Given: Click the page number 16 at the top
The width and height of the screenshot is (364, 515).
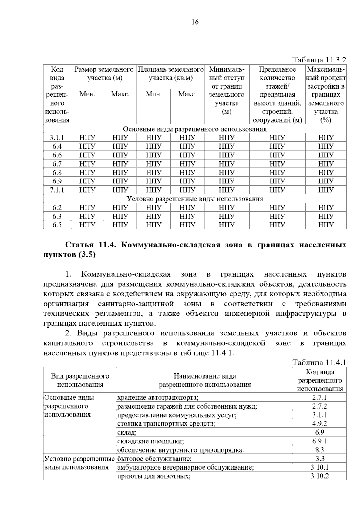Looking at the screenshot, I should [195, 22].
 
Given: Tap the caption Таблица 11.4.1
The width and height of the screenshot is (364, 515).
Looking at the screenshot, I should [319, 362].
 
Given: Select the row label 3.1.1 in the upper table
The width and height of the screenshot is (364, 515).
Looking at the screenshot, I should [57, 138].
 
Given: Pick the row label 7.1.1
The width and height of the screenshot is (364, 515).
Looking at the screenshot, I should [57, 190].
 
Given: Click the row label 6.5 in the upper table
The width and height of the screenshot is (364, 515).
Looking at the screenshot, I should [57, 225].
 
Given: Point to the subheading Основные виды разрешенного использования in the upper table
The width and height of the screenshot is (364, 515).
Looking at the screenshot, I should [195, 129].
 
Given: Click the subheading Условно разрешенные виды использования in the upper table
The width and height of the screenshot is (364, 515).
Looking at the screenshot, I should [195, 199].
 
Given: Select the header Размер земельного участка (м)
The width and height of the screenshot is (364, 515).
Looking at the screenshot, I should [104, 74].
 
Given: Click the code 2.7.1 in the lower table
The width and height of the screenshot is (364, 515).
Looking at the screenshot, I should [320, 397].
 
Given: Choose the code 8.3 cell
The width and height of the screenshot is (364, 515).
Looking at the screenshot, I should [320, 450].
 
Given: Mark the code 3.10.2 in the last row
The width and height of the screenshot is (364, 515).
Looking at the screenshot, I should [320, 476].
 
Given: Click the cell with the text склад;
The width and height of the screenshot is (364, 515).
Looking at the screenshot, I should [127, 432].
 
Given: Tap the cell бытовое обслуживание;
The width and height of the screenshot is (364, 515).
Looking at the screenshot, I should [154, 459].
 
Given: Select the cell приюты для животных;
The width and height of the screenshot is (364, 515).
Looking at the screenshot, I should [154, 476].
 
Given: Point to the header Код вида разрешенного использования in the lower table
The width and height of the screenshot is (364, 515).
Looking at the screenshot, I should [320, 380].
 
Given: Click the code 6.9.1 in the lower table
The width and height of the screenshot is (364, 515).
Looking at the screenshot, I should [320, 441].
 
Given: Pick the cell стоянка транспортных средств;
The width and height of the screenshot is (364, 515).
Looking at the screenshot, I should [166, 424].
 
